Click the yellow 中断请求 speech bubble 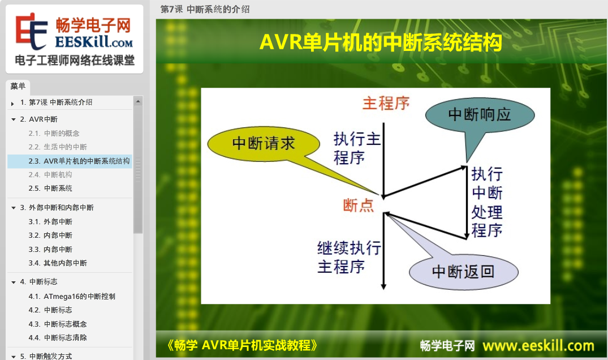click(264, 144)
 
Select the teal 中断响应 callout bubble click(480, 115)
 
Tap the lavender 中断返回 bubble click(463, 272)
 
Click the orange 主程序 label click(386, 104)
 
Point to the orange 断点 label click(358, 205)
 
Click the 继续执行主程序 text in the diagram click(348, 257)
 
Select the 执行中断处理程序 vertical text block click(487, 202)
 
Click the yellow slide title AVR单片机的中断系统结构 click(381, 42)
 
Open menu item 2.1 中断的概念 click(54, 134)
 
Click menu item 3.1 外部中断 click(50, 221)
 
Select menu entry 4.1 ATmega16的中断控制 click(72, 297)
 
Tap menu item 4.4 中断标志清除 click(58, 337)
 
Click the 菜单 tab click(18, 86)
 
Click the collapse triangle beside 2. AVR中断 click(14, 119)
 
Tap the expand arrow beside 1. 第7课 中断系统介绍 click(13, 104)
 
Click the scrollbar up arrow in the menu click(138, 101)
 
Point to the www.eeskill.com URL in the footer click(538, 345)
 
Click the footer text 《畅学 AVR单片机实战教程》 click(242, 345)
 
